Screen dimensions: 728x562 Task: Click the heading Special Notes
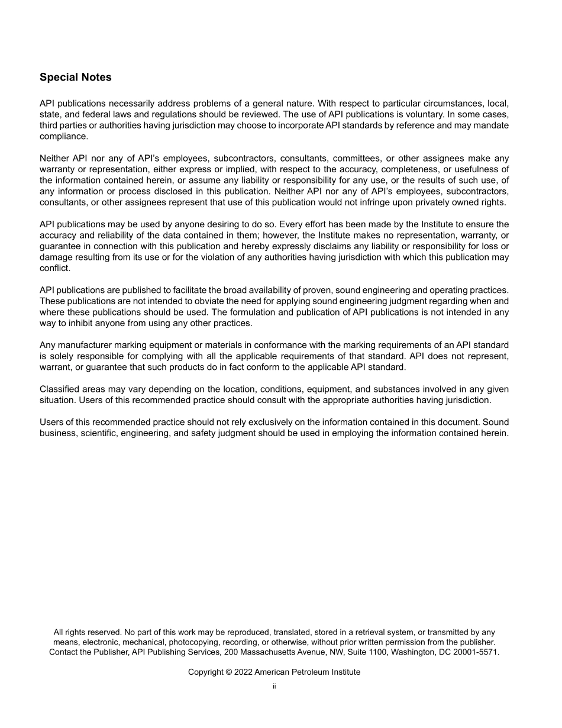[x=75, y=78]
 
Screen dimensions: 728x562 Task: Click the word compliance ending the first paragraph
[x=63, y=136]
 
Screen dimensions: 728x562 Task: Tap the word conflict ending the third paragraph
[x=54, y=268]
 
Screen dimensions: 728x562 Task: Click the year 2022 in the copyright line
[x=243, y=672]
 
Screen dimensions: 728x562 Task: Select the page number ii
[x=274, y=687]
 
